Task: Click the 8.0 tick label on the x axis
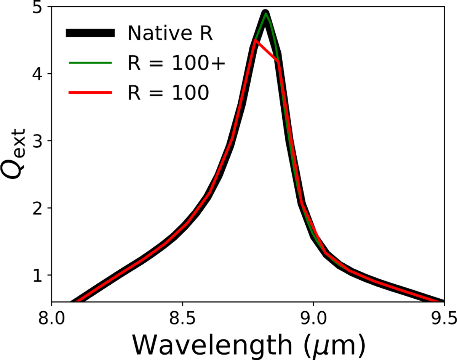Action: coord(51,317)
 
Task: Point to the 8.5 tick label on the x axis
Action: coord(182,317)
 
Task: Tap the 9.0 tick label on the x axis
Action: coord(313,317)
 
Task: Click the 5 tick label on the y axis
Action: coord(37,8)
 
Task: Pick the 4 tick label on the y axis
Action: coord(37,74)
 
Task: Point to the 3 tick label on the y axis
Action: coord(37,141)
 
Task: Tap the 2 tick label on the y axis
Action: coord(37,208)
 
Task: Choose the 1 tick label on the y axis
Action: coord(37,275)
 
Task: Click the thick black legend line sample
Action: coord(90,33)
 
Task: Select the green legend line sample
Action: coord(90,63)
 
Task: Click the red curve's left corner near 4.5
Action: coord(255,40)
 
